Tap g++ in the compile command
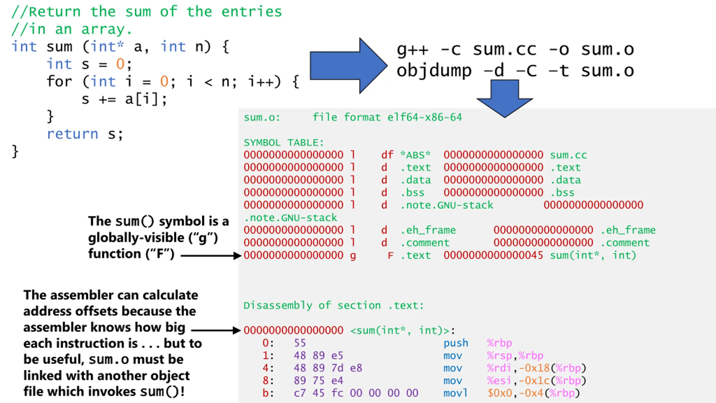(x=412, y=50)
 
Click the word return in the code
(x=72, y=134)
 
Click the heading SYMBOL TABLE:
(x=283, y=143)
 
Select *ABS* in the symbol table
(x=415, y=155)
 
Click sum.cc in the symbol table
(x=568, y=155)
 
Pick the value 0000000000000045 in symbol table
(x=493, y=255)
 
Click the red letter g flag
(x=353, y=256)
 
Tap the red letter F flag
(x=390, y=256)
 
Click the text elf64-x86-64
(x=425, y=117)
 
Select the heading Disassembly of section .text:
(x=333, y=305)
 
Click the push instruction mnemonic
(x=456, y=343)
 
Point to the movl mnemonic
(x=455, y=393)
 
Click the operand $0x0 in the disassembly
(x=500, y=393)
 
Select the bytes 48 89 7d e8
(x=328, y=368)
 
